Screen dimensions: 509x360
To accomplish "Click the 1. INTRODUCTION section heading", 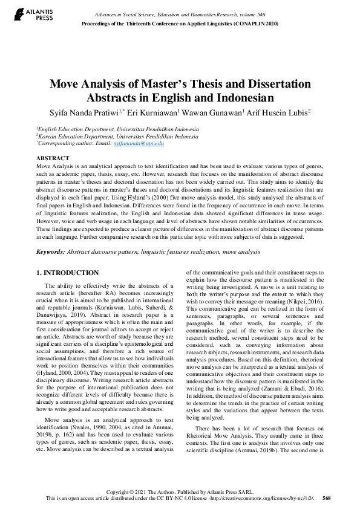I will (x=67, y=273).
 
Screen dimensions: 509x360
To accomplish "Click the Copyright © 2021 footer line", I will (x=180, y=491).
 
